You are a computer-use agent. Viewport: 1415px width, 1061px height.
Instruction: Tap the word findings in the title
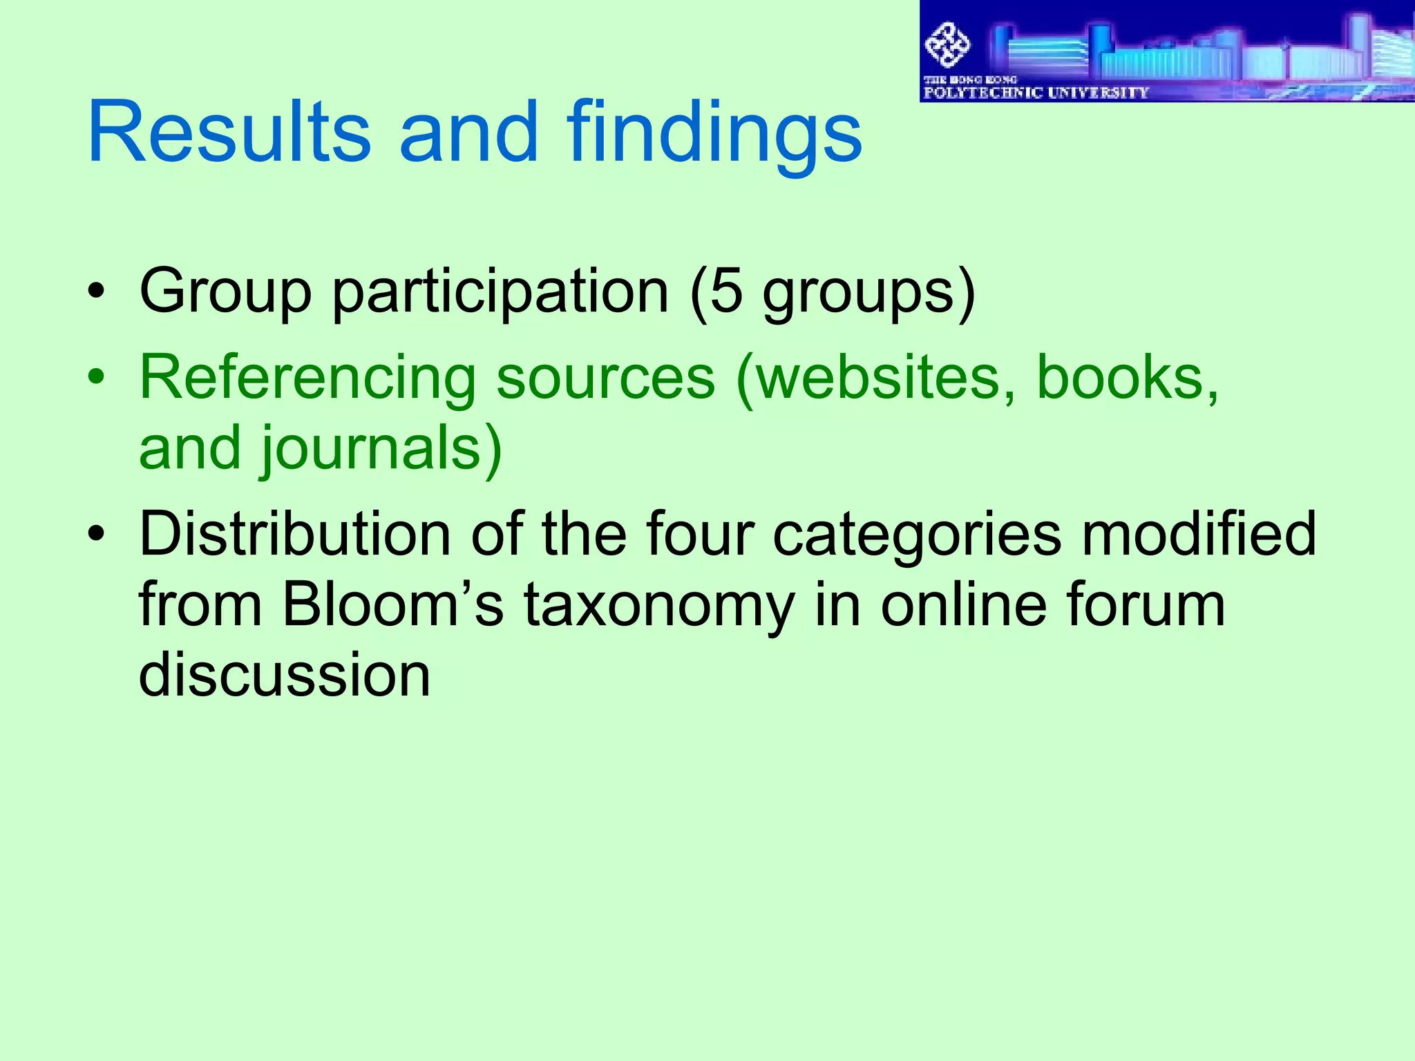click(x=714, y=133)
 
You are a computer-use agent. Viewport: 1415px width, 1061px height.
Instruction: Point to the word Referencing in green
click(x=307, y=379)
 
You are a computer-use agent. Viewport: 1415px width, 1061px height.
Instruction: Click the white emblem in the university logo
click(x=947, y=45)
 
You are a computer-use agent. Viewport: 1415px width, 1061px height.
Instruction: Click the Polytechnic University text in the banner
click(x=1036, y=93)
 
